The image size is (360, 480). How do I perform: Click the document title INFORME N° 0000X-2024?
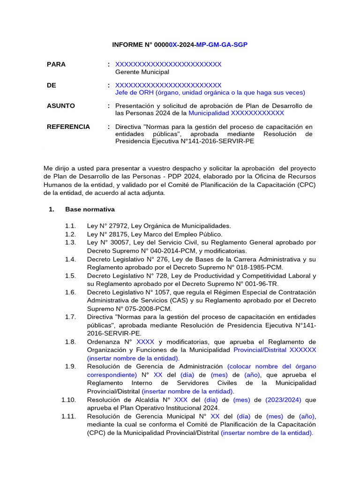[180, 45]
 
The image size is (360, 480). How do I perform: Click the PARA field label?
[56, 64]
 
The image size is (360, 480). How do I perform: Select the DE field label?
[52, 85]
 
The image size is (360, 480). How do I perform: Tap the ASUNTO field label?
[61, 105]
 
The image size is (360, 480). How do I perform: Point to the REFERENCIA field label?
[68, 127]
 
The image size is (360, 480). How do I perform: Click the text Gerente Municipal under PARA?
[142, 72]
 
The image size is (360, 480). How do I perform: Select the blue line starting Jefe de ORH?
[210, 92]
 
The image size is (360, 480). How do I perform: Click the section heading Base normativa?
[90, 209]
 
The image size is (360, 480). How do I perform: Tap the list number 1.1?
[70, 226]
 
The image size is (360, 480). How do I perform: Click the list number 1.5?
[70, 276]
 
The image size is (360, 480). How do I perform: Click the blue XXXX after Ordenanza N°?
[145, 341]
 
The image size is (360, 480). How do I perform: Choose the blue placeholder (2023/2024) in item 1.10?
[284, 400]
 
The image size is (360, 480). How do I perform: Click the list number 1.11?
[68, 416]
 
